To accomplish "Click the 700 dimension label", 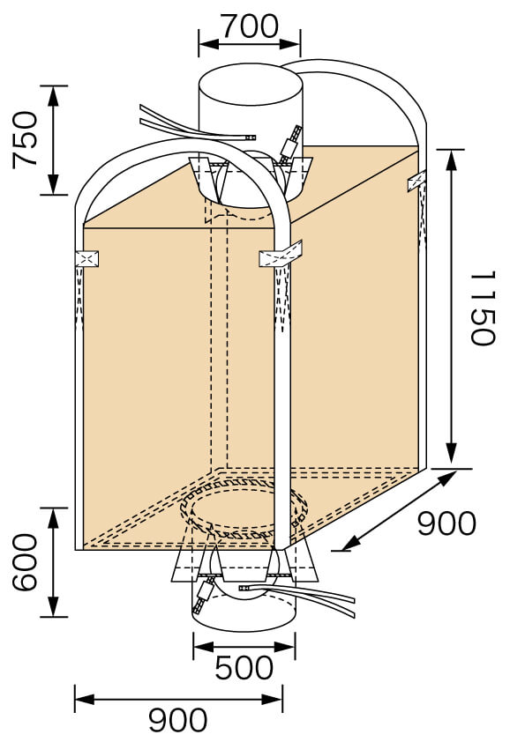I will click(x=249, y=26).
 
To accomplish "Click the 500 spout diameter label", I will click(x=244, y=668).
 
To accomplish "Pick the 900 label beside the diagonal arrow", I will click(x=446, y=523).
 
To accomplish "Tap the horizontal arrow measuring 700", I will click(x=249, y=41).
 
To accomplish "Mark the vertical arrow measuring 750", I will click(x=54, y=139).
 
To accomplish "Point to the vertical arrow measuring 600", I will click(x=54, y=562).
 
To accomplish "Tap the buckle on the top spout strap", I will click(x=290, y=142).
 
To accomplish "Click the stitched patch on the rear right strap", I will click(x=415, y=182).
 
